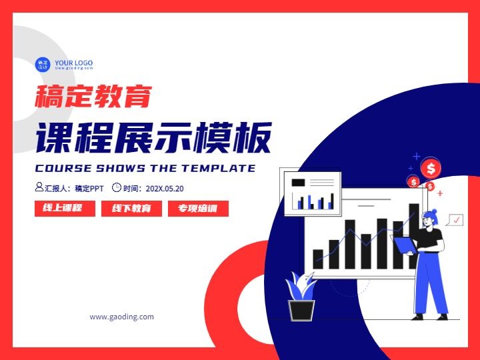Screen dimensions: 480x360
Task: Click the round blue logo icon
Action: click(x=43, y=65)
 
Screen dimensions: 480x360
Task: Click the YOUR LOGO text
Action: click(x=74, y=63)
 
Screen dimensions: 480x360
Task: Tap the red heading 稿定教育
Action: click(x=93, y=96)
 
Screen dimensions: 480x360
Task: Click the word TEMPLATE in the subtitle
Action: click(x=218, y=168)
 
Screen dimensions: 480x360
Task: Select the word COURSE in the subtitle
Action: click(x=63, y=168)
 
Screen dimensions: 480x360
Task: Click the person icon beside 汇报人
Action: click(x=39, y=187)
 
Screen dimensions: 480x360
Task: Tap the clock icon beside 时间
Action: click(x=116, y=187)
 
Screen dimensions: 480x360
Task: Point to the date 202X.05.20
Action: click(x=165, y=189)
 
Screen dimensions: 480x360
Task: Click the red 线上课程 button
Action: click(x=65, y=209)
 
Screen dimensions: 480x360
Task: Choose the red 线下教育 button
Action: click(x=131, y=209)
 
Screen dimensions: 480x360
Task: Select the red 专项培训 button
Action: click(x=198, y=209)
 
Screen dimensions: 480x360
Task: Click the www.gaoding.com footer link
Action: click(x=122, y=317)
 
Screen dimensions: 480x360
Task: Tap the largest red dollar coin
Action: click(x=431, y=168)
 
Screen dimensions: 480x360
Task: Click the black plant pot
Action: click(x=301, y=310)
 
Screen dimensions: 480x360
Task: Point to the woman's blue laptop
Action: click(x=405, y=244)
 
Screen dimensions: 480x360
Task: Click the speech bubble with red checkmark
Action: click(x=455, y=220)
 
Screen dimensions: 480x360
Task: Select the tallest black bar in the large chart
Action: click(x=414, y=236)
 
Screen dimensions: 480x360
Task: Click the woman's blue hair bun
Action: click(x=434, y=211)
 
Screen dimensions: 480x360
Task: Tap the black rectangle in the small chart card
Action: click(x=298, y=183)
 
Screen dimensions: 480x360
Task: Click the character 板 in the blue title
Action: click(x=252, y=138)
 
